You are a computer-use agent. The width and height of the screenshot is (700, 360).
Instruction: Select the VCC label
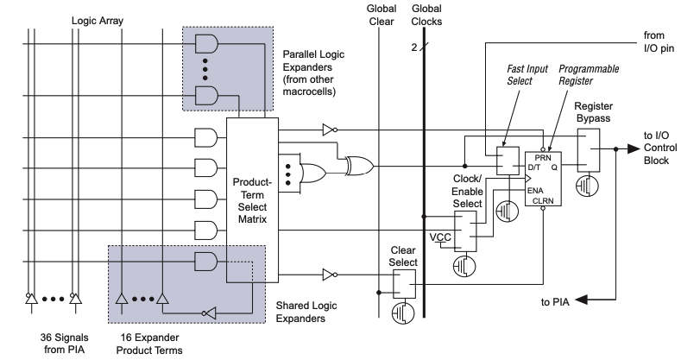[x=440, y=236]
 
